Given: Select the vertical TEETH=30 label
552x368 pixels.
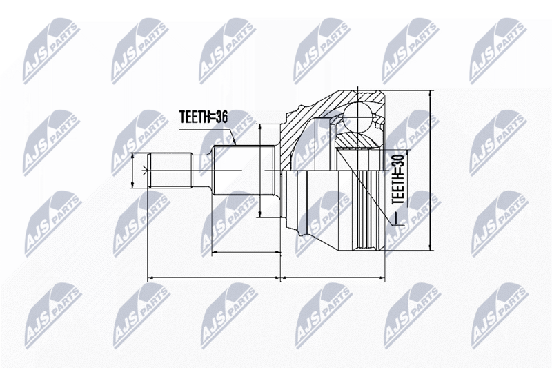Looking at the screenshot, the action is click(399, 180).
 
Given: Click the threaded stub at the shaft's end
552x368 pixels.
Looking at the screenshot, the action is click(170, 170).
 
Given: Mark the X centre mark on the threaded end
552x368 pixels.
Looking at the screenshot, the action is click(144, 171).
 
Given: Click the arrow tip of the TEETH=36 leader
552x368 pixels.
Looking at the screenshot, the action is click(235, 144).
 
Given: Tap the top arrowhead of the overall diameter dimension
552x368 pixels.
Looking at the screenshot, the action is click(430, 93).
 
